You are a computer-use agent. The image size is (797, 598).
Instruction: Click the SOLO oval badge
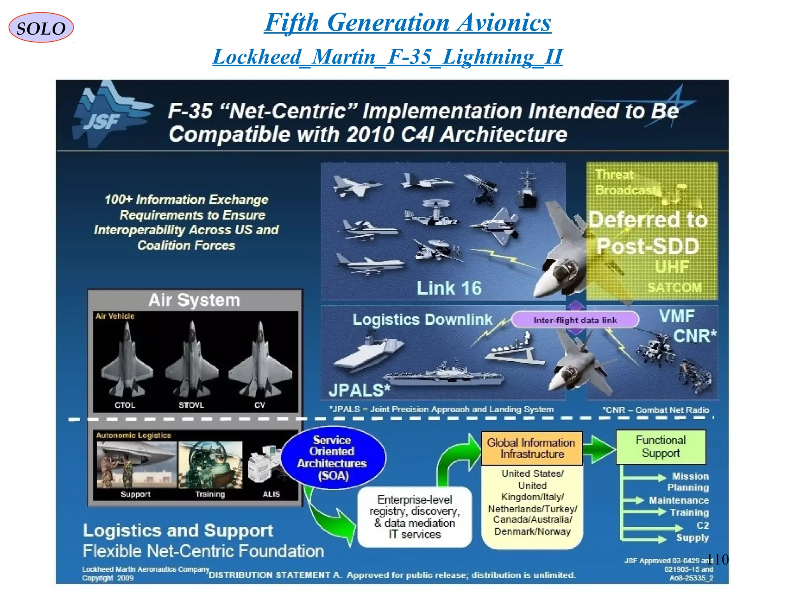41,28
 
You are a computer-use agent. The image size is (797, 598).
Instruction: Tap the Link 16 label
449,288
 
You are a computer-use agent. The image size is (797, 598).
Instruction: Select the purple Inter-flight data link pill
575,320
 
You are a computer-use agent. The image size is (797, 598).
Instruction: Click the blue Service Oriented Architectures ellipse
332,457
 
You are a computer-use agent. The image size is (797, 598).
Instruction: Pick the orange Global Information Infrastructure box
532,448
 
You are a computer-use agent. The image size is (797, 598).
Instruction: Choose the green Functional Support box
660,447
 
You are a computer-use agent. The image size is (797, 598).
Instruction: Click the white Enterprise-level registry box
414,517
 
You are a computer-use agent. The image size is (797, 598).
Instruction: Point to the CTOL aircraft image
126,360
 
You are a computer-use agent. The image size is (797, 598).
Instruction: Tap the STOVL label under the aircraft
191,405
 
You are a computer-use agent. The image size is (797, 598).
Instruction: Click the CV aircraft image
260,360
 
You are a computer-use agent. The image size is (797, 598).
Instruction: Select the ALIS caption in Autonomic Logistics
271,494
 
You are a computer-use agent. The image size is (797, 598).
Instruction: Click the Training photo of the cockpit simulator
210,464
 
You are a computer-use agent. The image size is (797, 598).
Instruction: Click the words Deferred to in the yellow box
648,220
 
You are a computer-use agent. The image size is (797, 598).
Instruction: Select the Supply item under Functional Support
692,538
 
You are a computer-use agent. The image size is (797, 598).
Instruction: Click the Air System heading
194,300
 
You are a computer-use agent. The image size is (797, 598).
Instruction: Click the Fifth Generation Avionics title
407,22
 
